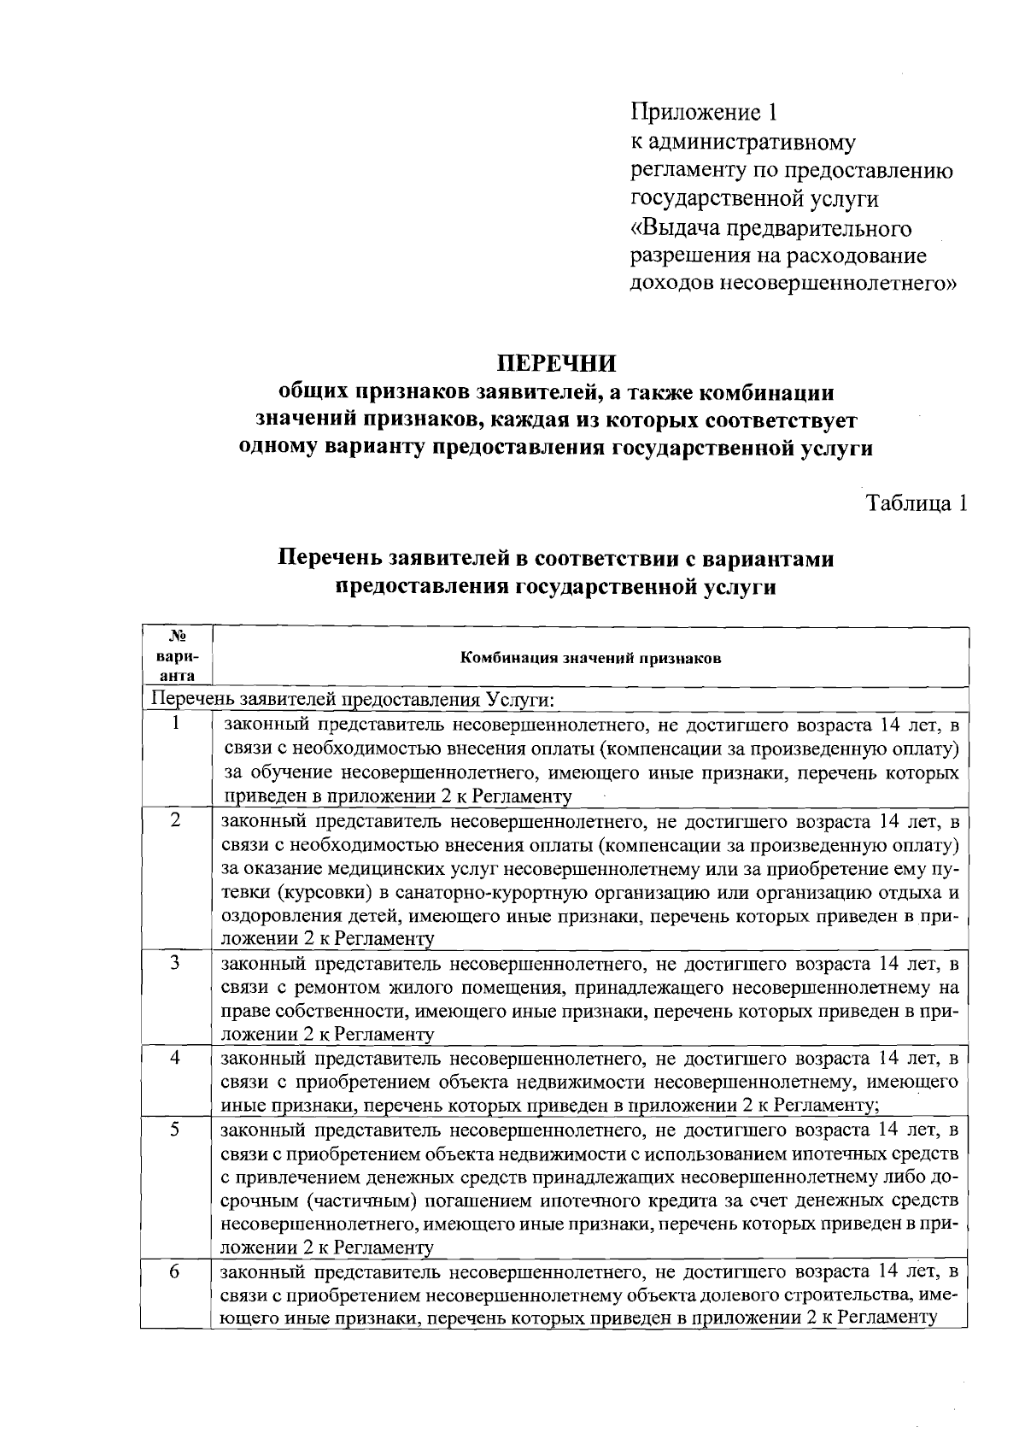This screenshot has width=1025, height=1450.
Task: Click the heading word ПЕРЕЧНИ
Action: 557,363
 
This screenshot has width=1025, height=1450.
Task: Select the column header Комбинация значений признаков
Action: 590,658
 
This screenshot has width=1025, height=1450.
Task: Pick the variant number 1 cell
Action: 175,724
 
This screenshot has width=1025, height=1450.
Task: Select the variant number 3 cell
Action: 175,963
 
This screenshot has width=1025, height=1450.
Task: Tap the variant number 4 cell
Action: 175,1057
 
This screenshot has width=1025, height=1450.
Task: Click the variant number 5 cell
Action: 175,1129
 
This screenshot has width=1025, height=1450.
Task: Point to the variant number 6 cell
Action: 175,1271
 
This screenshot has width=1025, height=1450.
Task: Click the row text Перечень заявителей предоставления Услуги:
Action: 352,699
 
